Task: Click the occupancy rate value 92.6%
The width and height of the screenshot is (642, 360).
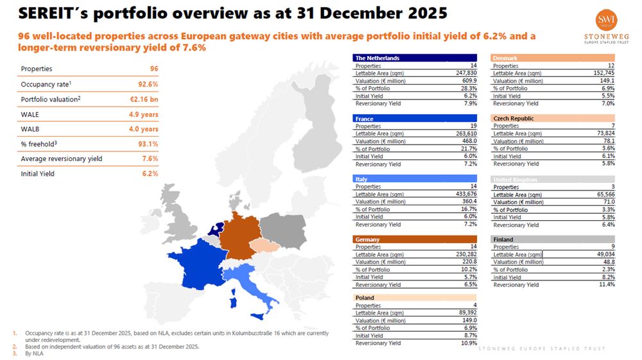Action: point(148,84)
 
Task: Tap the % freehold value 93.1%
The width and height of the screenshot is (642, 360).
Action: point(148,144)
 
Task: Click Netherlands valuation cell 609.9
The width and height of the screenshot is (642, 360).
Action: point(468,81)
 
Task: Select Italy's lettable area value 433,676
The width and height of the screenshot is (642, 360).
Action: point(464,194)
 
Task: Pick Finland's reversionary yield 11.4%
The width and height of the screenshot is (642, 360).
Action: point(607,285)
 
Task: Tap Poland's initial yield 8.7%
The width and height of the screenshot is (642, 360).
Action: point(470,336)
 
